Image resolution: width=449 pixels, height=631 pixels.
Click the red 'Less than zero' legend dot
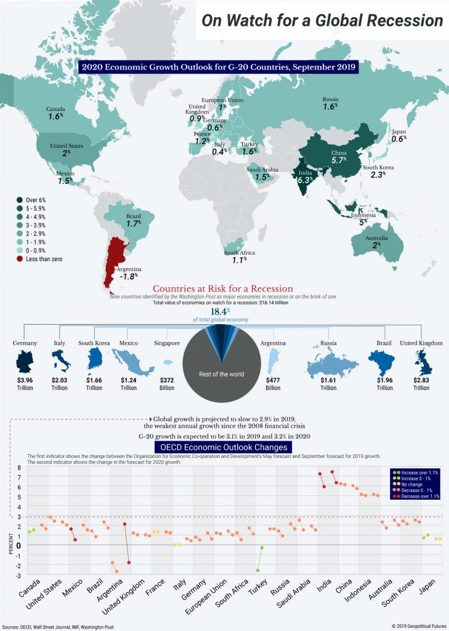pos(20,259)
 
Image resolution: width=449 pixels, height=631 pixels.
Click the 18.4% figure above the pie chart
pos(220,312)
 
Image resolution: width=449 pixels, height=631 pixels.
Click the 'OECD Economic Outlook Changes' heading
pos(224,447)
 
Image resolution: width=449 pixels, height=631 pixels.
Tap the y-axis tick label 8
pos(19,468)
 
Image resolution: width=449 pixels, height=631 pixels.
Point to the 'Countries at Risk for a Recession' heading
pos(222,289)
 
